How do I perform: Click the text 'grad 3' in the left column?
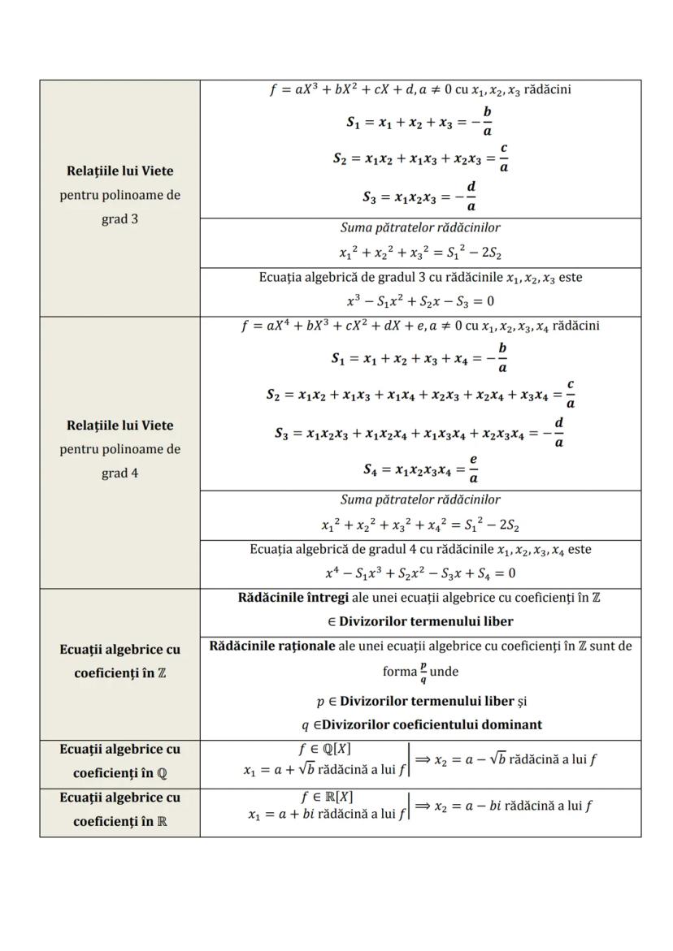tap(119, 219)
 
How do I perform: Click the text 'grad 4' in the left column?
tap(119, 473)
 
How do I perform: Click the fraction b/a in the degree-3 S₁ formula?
tap(487, 121)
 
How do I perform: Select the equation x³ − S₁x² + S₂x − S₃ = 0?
tap(420, 301)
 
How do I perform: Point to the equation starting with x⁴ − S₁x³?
tap(420, 573)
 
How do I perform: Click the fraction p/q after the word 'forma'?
tap(422, 673)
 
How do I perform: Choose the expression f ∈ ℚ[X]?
tap(325, 749)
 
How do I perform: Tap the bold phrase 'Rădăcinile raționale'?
tap(271, 646)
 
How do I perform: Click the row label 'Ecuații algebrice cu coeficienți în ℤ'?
tap(119, 662)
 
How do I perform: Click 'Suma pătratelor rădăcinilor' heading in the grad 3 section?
tap(420, 228)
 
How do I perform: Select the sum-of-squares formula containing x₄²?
tap(420, 524)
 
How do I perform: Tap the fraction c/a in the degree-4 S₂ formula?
tap(571, 394)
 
